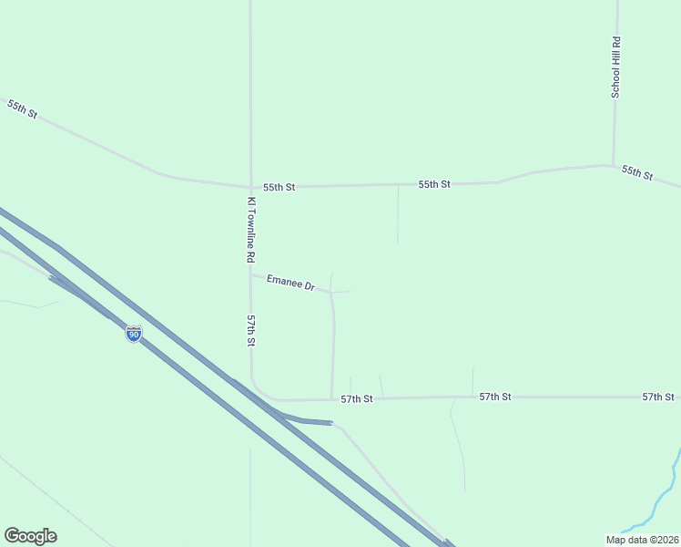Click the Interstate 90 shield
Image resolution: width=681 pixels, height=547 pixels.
click(134, 335)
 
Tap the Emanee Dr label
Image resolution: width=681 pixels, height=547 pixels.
click(290, 284)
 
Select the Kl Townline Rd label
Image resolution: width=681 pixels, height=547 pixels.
click(251, 231)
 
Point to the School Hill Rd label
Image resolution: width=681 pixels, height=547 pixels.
click(615, 67)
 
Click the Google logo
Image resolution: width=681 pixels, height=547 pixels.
click(30, 536)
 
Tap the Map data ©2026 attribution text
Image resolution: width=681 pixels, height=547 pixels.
click(641, 540)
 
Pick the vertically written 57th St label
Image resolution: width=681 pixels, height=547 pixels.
click(250, 331)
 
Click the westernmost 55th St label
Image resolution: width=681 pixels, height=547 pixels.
click(22, 109)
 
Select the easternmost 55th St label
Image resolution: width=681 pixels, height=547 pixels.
click(637, 171)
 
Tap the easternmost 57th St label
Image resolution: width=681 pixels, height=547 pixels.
click(658, 397)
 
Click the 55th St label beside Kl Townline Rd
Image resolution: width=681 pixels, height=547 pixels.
click(280, 187)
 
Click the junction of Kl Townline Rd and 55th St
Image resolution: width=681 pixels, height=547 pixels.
click(250, 187)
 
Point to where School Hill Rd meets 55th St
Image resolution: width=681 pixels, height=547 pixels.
click(614, 166)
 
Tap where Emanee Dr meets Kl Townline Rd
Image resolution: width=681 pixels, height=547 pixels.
click(250, 274)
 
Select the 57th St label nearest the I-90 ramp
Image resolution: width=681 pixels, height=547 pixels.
click(357, 399)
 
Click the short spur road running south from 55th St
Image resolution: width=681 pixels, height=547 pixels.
click(398, 214)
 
